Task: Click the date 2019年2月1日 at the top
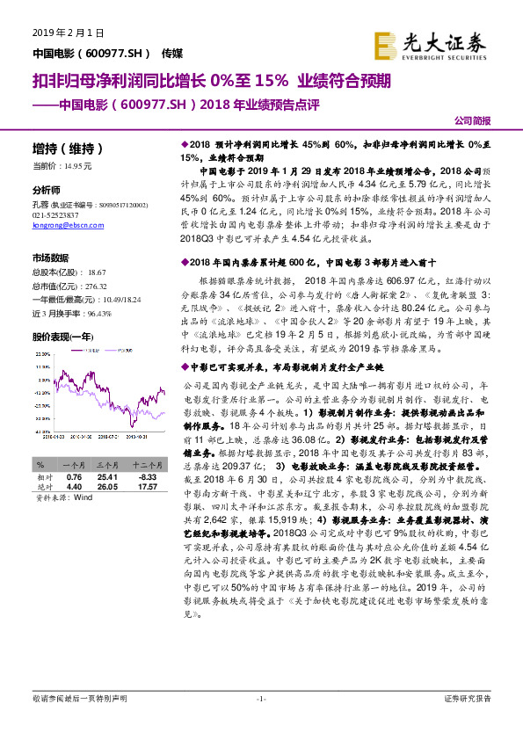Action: coord(68,33)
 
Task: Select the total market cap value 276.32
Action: coord(91,287)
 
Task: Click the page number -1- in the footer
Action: coord(261,699)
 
